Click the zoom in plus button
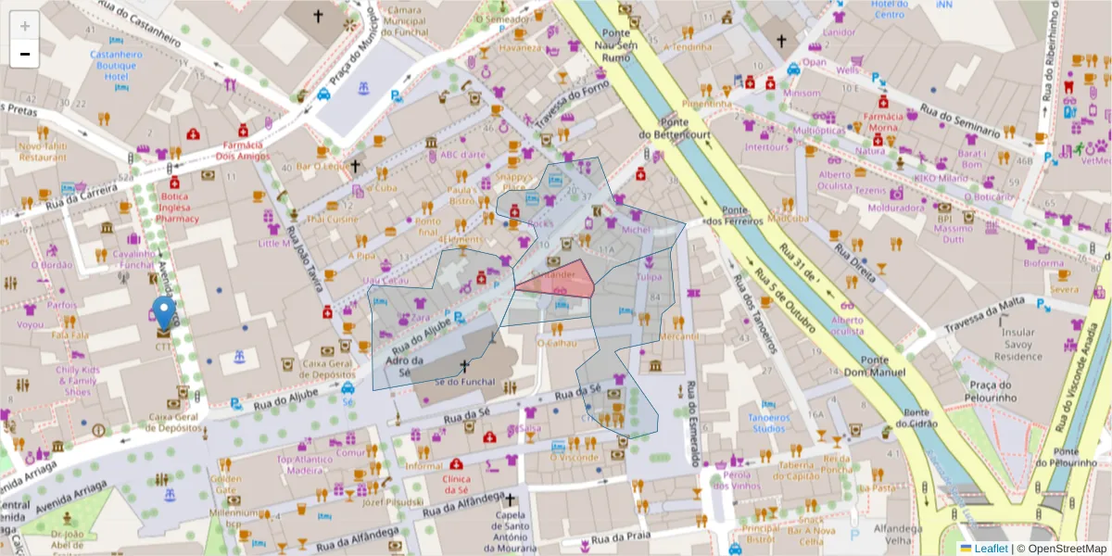(x=25, y=26)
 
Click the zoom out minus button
(x=25, y=54)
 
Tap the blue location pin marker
(x=163, y=313)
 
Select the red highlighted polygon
(x=562, y=280)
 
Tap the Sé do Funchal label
(x=460, y=381)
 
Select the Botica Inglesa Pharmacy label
(x=166, y=208)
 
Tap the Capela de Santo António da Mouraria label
(x=509, y=533)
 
